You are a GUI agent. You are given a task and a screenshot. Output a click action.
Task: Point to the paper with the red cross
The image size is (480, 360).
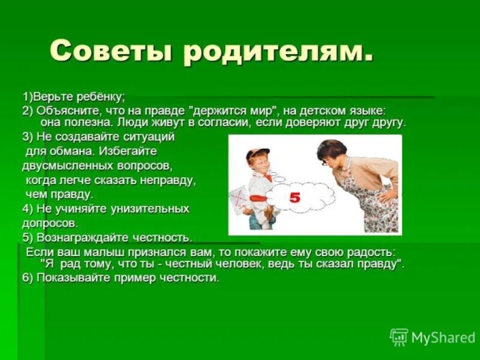[239, 199]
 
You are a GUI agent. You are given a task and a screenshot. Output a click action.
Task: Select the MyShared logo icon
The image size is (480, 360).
[398, 337]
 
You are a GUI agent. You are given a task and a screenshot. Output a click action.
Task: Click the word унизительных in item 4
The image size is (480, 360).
[151, 209]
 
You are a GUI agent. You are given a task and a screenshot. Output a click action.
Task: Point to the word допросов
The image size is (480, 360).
[50, 223]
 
